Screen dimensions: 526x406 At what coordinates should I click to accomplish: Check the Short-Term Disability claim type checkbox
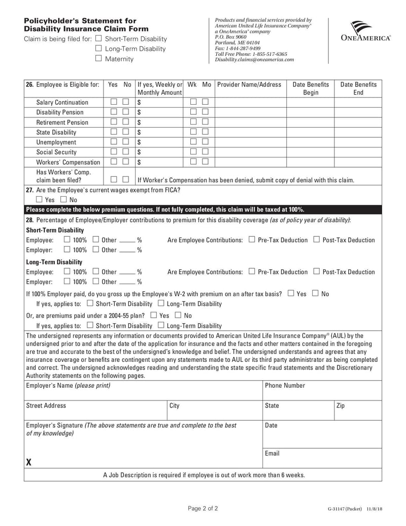[x=98, y=39]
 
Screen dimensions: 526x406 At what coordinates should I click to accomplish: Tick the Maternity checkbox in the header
[x=98, y=58]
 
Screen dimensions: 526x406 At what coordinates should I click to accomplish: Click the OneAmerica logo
[x=365, y=31]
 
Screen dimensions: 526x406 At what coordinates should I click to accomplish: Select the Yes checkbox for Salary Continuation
[x=114, y=102]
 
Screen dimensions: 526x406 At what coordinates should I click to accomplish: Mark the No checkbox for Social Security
[x=125, y=152]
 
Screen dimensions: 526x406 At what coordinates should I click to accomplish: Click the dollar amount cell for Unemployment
[x=159, y=142]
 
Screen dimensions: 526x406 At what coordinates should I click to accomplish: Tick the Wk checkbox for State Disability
[x=193, y=132]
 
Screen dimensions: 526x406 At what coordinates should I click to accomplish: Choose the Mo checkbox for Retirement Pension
[x=205, y=122]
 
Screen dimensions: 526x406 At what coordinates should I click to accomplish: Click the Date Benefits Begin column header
[x=311, y=88]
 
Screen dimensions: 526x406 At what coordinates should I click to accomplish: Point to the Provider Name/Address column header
[x=249, y=84]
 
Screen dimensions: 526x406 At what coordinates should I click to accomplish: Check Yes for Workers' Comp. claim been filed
[x=114, y=179]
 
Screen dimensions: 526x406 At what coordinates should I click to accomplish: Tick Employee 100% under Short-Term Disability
[x=67, y=240]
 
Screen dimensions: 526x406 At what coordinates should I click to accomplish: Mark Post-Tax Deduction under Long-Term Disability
[x=317, y=272]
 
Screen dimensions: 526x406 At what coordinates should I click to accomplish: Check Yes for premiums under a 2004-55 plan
[x=154, y=315]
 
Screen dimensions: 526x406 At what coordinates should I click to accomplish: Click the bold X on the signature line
[x=29, y=462]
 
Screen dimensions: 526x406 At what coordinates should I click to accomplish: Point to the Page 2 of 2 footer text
[x=203, y=508]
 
